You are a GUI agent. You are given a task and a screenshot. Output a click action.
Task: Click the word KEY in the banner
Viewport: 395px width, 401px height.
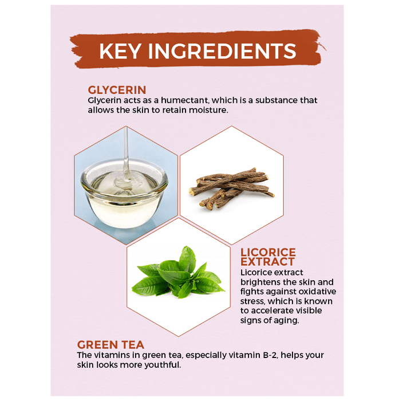tap(120, 51)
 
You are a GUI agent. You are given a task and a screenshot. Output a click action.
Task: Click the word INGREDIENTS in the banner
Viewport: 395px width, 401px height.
tap(222, 51)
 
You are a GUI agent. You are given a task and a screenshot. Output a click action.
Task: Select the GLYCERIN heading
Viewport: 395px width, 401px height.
tap(117, 90)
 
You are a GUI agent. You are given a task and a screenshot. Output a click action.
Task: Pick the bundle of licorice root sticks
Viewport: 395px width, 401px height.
tap(231, 188)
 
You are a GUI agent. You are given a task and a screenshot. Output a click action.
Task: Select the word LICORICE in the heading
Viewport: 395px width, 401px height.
tap(268, 253)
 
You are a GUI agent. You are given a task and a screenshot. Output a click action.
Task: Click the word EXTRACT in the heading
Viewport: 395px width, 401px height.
tap(267, 262)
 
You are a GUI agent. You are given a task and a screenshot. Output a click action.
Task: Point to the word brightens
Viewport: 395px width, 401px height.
tap(258, 282)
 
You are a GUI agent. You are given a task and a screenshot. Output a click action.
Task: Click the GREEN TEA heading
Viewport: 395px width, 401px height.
tap(110, 345)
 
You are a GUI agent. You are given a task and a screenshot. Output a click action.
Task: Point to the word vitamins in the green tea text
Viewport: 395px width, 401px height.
tap(111, 355)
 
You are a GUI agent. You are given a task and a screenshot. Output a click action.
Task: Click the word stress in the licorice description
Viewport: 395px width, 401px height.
tap(252, 301)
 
